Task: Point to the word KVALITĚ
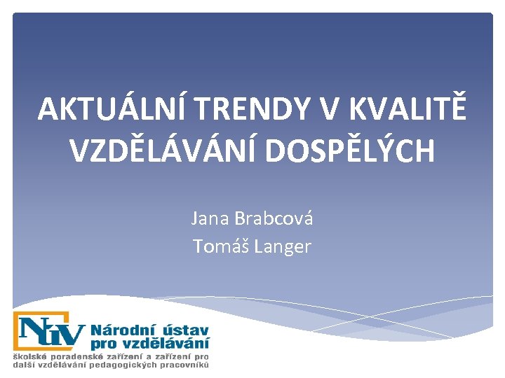point(408,109)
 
